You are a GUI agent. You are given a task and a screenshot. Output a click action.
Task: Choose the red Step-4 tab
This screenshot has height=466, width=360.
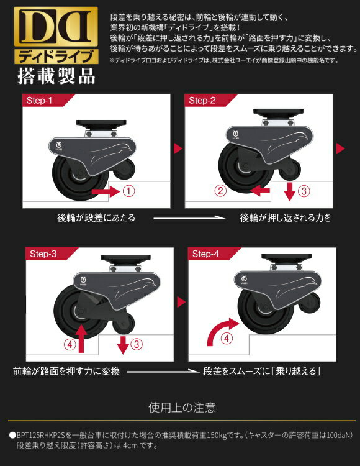(207, 254)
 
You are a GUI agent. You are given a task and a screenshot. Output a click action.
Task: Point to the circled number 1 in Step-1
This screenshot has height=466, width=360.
(128, 192)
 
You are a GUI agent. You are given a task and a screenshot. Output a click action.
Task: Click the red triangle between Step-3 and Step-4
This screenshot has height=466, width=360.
(181, 303)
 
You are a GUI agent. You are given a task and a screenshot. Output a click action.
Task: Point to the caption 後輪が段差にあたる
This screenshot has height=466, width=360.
(96, 218)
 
